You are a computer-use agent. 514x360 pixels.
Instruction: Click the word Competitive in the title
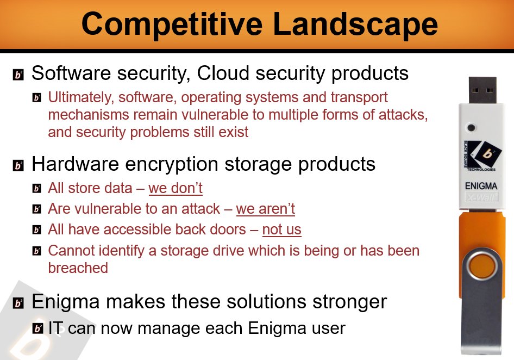(172, 25)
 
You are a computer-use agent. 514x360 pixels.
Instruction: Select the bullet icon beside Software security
(18, 75)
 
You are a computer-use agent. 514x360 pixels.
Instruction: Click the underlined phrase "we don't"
(175, 188)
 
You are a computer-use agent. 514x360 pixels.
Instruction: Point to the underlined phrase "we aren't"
(266, 209)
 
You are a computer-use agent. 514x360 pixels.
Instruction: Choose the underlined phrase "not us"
(281, 229)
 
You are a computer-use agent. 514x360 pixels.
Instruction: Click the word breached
(78, 268)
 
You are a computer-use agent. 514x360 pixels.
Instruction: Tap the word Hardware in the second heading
(75, 164)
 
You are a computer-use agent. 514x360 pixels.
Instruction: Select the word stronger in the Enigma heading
(350, 302)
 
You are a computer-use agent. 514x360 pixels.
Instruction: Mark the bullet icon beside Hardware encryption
(18, 166)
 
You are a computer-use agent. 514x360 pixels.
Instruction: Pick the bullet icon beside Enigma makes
(18, 303)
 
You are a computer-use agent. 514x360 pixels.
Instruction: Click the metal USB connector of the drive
(482, 90)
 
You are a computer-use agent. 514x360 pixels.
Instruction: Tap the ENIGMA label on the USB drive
(481, 186)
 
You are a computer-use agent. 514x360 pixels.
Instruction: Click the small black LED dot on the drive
(471, 128)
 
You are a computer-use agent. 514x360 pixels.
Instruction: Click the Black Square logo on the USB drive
(482, 156)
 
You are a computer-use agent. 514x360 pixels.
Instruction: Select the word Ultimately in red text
(81, 97)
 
